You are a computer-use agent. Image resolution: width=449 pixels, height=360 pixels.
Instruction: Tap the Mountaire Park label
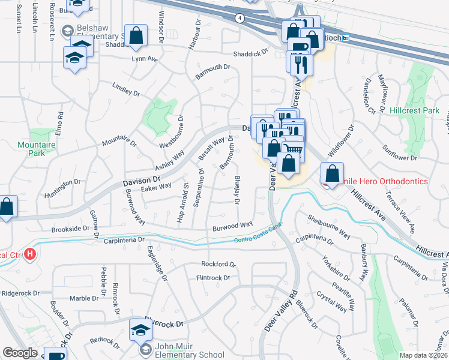tap(32, 149)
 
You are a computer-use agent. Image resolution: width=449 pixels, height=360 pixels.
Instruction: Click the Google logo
tap(20, 353)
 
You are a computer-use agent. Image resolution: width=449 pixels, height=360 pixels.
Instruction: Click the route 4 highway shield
tap(240, 18)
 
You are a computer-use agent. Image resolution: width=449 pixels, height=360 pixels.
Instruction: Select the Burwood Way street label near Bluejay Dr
tap(232, 226)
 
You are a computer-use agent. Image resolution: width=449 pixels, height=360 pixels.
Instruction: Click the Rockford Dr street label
tap(218, 264)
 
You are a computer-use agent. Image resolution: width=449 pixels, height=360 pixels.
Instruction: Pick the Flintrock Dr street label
tap(213, 278)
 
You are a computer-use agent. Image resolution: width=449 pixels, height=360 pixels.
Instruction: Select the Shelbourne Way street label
tap(328, 224)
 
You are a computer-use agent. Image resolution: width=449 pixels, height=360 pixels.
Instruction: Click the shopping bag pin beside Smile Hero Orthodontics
tap(332, 173)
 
